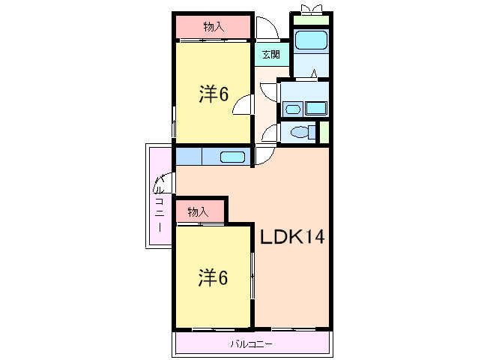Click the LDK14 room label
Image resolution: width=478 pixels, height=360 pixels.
pyautogui.click(x=292, y=237)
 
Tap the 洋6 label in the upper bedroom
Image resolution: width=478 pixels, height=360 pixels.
pyautogui.click(x=214, y=94)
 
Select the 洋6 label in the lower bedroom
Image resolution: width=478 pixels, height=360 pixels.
pyautogui.click(x=214, y=277)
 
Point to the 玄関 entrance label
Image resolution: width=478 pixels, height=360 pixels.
pyautogui.click(x=270, y=54)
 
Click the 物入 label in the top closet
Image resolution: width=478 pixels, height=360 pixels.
pyautogui.click(x=214, y=27)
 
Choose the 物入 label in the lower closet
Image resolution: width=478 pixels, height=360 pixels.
pyautogui.click(x=198, y=212)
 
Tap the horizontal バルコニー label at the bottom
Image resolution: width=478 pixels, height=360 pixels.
pyautogui.click(x=252, y=345)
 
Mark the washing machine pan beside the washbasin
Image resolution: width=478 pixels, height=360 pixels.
pyautogui.click(x=316, y=108)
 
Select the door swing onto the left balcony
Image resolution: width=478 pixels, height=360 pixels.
pyautogui.click(x=166, y=182)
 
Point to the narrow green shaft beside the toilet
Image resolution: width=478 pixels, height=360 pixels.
pyautogui.click(x=324, y=131)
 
